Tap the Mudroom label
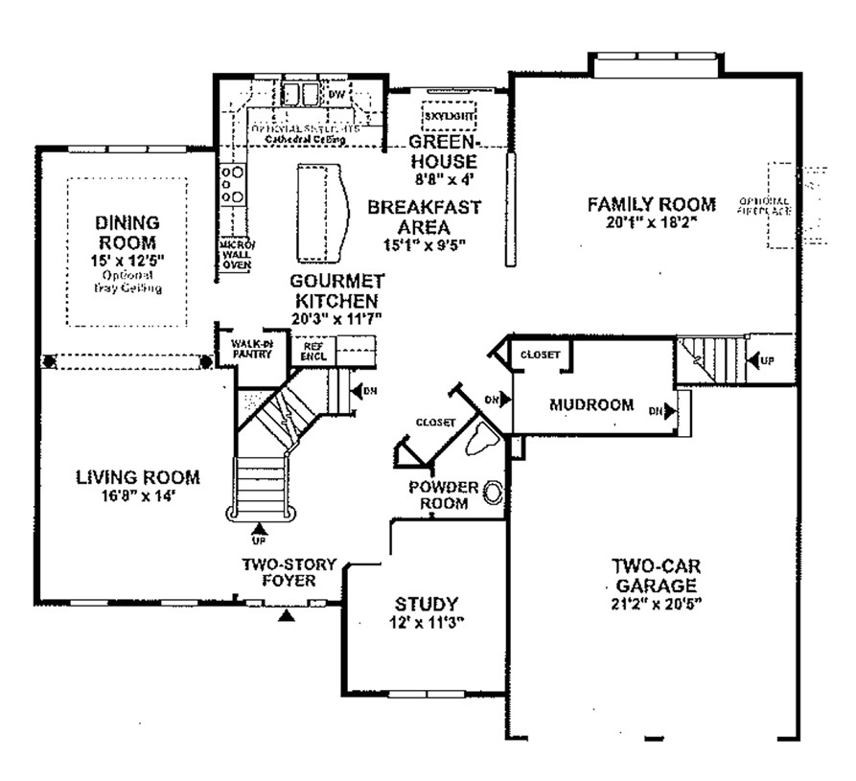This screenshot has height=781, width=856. (x=590, y=404)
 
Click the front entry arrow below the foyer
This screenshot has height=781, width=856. (x=284, y=618)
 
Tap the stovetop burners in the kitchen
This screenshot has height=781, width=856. (x=231, y=184)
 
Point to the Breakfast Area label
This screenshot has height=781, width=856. (x=424, y=217)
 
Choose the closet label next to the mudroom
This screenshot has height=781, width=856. (x=540, y=355)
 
